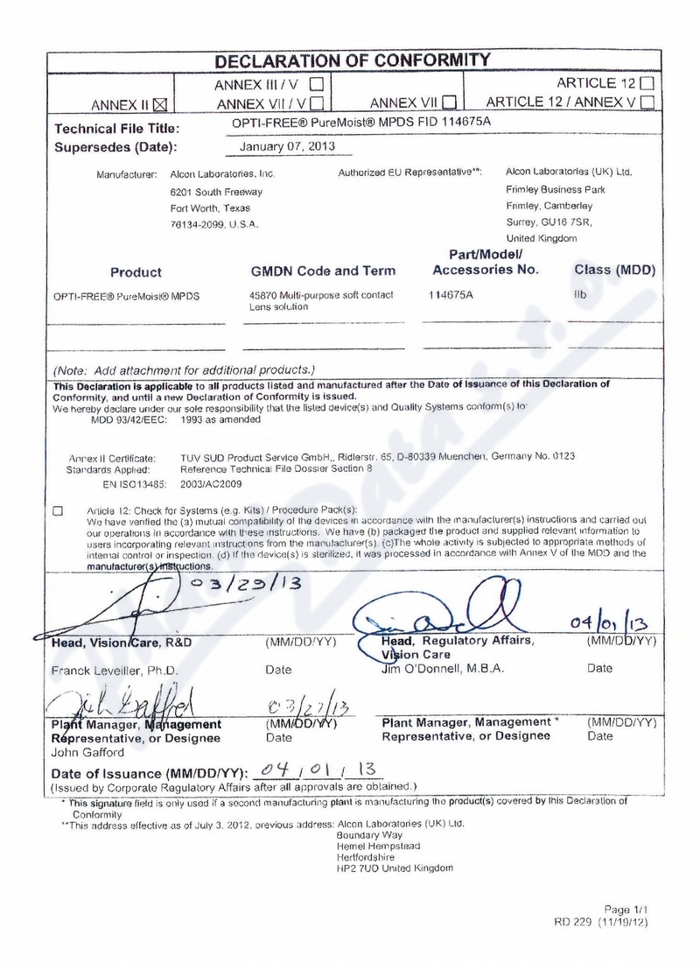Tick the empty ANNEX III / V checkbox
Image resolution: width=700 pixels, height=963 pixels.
pyautogui.click(x=317, y=85)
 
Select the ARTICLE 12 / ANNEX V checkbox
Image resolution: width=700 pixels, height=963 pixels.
pyautogui.click(x=647, y=102)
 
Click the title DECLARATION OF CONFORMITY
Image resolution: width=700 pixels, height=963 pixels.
pyautogui.click(x=353, y=60)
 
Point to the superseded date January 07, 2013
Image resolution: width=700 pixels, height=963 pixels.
pyautogui.click(x=286, y=146)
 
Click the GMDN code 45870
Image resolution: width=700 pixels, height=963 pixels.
pyautogui.click(x=263, y=295)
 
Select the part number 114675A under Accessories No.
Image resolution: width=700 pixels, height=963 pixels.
pyautogui.click(x=451, y=294)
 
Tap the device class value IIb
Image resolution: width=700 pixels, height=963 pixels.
pyautogui.click(x=580, y=295)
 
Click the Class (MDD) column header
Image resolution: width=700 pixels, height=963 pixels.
pyautogui.click(x=614, y=270)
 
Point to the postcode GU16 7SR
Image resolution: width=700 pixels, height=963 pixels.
pyautogui.click(x=566, y=221)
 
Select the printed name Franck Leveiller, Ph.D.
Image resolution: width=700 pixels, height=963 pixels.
pyautogui.click(x=115, y=671)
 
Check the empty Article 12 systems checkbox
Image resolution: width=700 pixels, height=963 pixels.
pyautogui.click(x=59, y=510)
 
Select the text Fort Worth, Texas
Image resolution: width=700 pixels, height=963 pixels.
pyautogui.click(x=210, y=208)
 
